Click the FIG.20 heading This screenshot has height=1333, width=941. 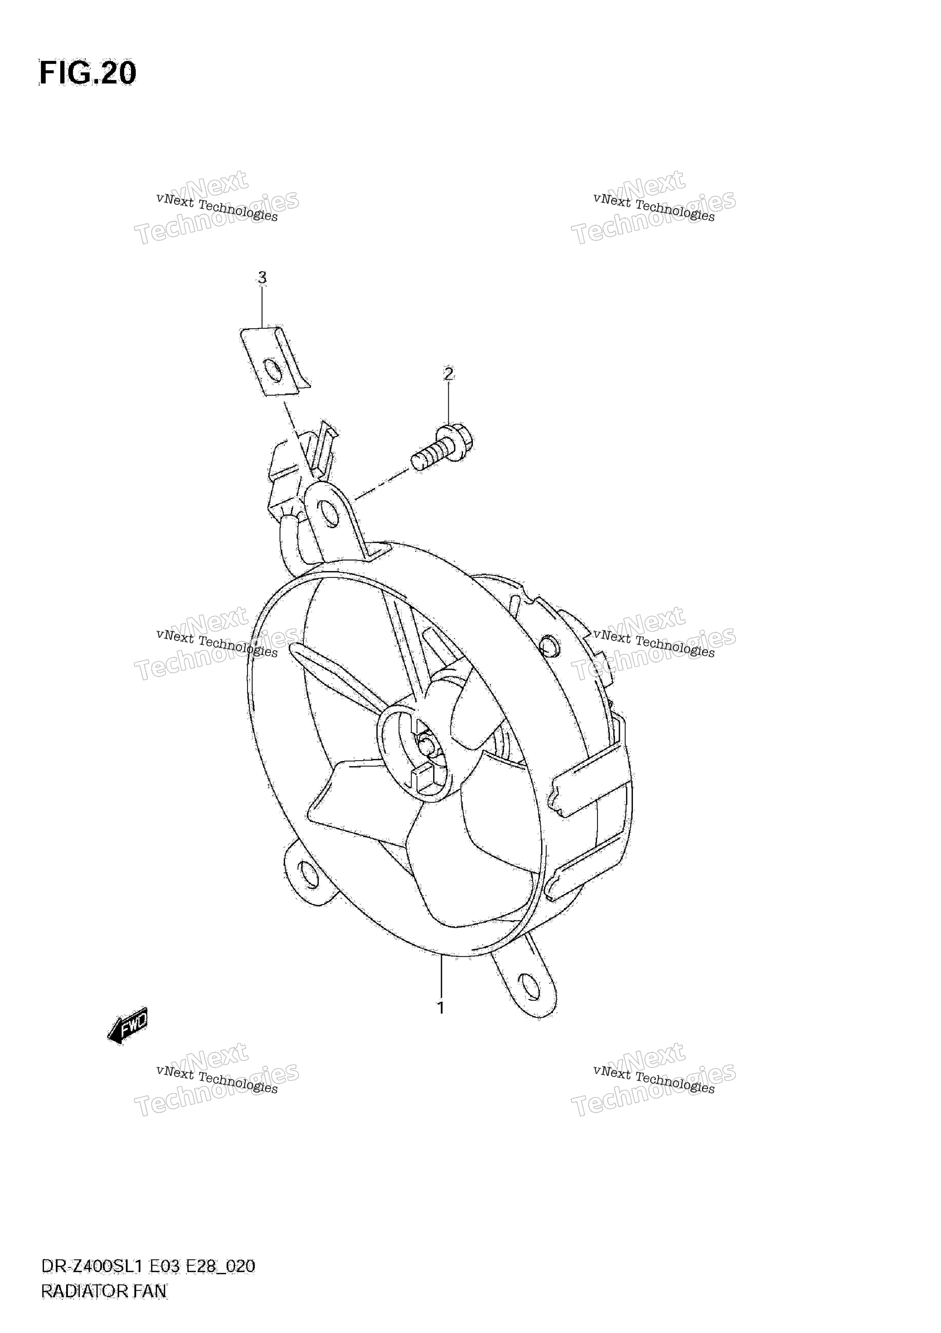[87, 74]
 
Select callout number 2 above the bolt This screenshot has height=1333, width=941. [448, 374]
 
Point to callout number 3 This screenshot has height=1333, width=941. [262, 278]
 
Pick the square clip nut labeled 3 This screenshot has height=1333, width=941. [275, 361]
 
